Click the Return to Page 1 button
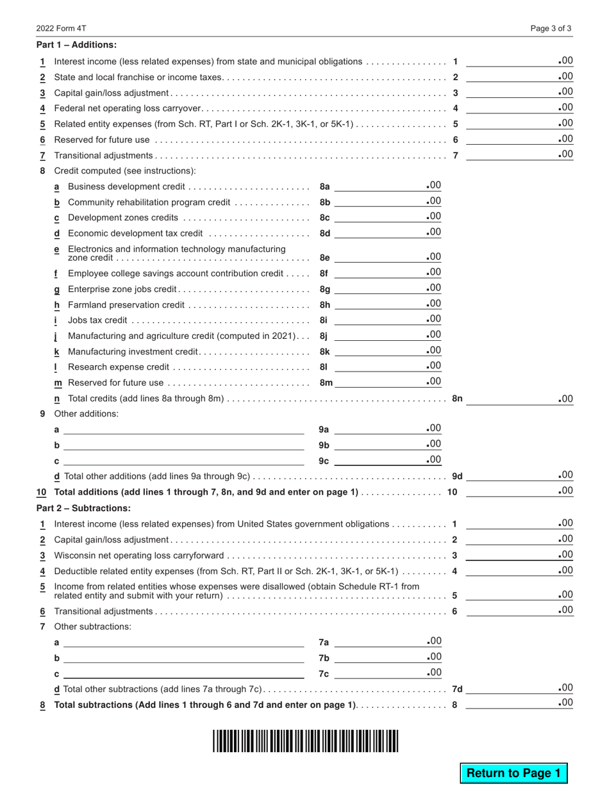[x=513, y=773]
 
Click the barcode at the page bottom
[x=305, y=741]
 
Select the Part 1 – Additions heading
[x=76, y=45]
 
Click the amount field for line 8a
[x=387, y=186]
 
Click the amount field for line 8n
[x=519, y=398]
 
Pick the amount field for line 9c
[x=387, y=460]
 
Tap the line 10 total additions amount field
[x=519, y=491]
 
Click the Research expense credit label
[x=118, y=367]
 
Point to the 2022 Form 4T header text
[x=61, y=28]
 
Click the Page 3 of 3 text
[x=551, y=28]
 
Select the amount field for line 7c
[x=387, y=673]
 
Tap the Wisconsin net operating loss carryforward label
[x=138, y=555]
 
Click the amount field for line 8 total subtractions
[x=519, y=704]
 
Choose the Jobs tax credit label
[x=97, y=320]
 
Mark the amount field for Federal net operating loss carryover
[x=519, y=108]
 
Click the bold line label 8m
[x=326, y=383]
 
